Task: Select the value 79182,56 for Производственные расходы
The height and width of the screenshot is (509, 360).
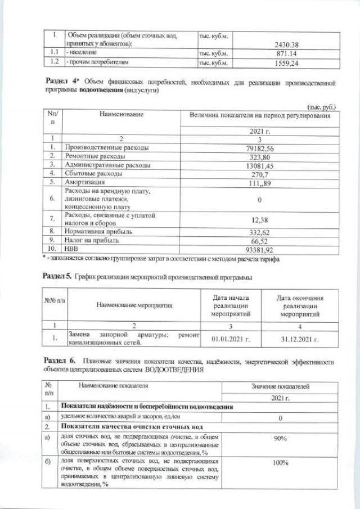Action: [x=260, y=148]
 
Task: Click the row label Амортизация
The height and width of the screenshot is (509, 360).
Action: [x=87, y=182]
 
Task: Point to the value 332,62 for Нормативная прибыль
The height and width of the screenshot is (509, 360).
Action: [x=260, y=231]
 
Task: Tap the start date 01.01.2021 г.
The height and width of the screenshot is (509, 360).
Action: [x=230, y=339]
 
